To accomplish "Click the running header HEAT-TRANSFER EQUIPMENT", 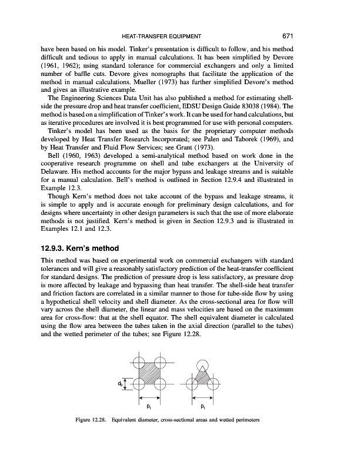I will point(180,35).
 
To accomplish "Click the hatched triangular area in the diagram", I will point(202,377).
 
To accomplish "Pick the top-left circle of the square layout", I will point(135,359).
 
